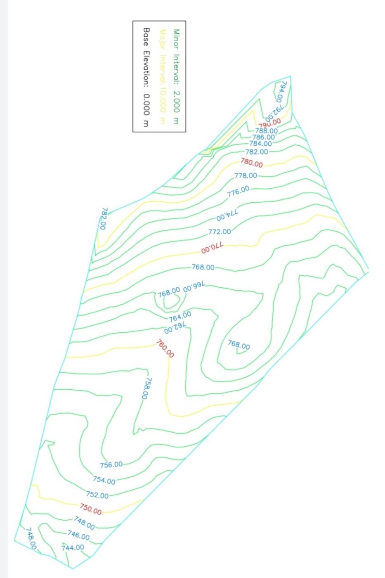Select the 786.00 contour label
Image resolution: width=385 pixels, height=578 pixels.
264,137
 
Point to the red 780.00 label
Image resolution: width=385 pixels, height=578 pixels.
252,163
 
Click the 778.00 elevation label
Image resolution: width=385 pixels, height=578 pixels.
246,175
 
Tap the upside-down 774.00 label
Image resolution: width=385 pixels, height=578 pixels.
227,216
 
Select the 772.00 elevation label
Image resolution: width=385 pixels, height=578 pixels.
220,232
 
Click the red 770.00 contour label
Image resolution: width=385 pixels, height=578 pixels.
212,248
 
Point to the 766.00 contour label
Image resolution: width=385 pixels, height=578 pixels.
194,287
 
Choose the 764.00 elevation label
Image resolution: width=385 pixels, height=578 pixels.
180,317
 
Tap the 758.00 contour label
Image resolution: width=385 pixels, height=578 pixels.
146,388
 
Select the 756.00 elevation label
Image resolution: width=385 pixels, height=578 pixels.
111,464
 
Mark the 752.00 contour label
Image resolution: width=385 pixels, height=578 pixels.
97,495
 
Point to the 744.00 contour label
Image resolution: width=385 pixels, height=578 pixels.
73,547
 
